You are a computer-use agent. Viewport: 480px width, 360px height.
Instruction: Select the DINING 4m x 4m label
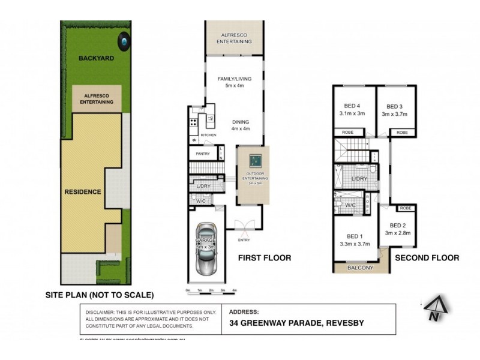coord(239,124)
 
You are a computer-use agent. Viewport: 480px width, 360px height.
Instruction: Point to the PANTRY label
coord(202,154)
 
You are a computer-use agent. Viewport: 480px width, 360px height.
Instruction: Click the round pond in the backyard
coord(124,41)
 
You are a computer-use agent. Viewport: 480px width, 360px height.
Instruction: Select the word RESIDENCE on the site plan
coord(83,192)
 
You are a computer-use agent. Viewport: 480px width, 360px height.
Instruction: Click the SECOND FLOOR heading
coord(427,258)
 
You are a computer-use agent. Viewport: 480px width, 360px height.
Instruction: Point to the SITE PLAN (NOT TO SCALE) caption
coord(100,295)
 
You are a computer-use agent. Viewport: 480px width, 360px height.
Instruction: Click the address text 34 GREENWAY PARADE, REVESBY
coord(296,323)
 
